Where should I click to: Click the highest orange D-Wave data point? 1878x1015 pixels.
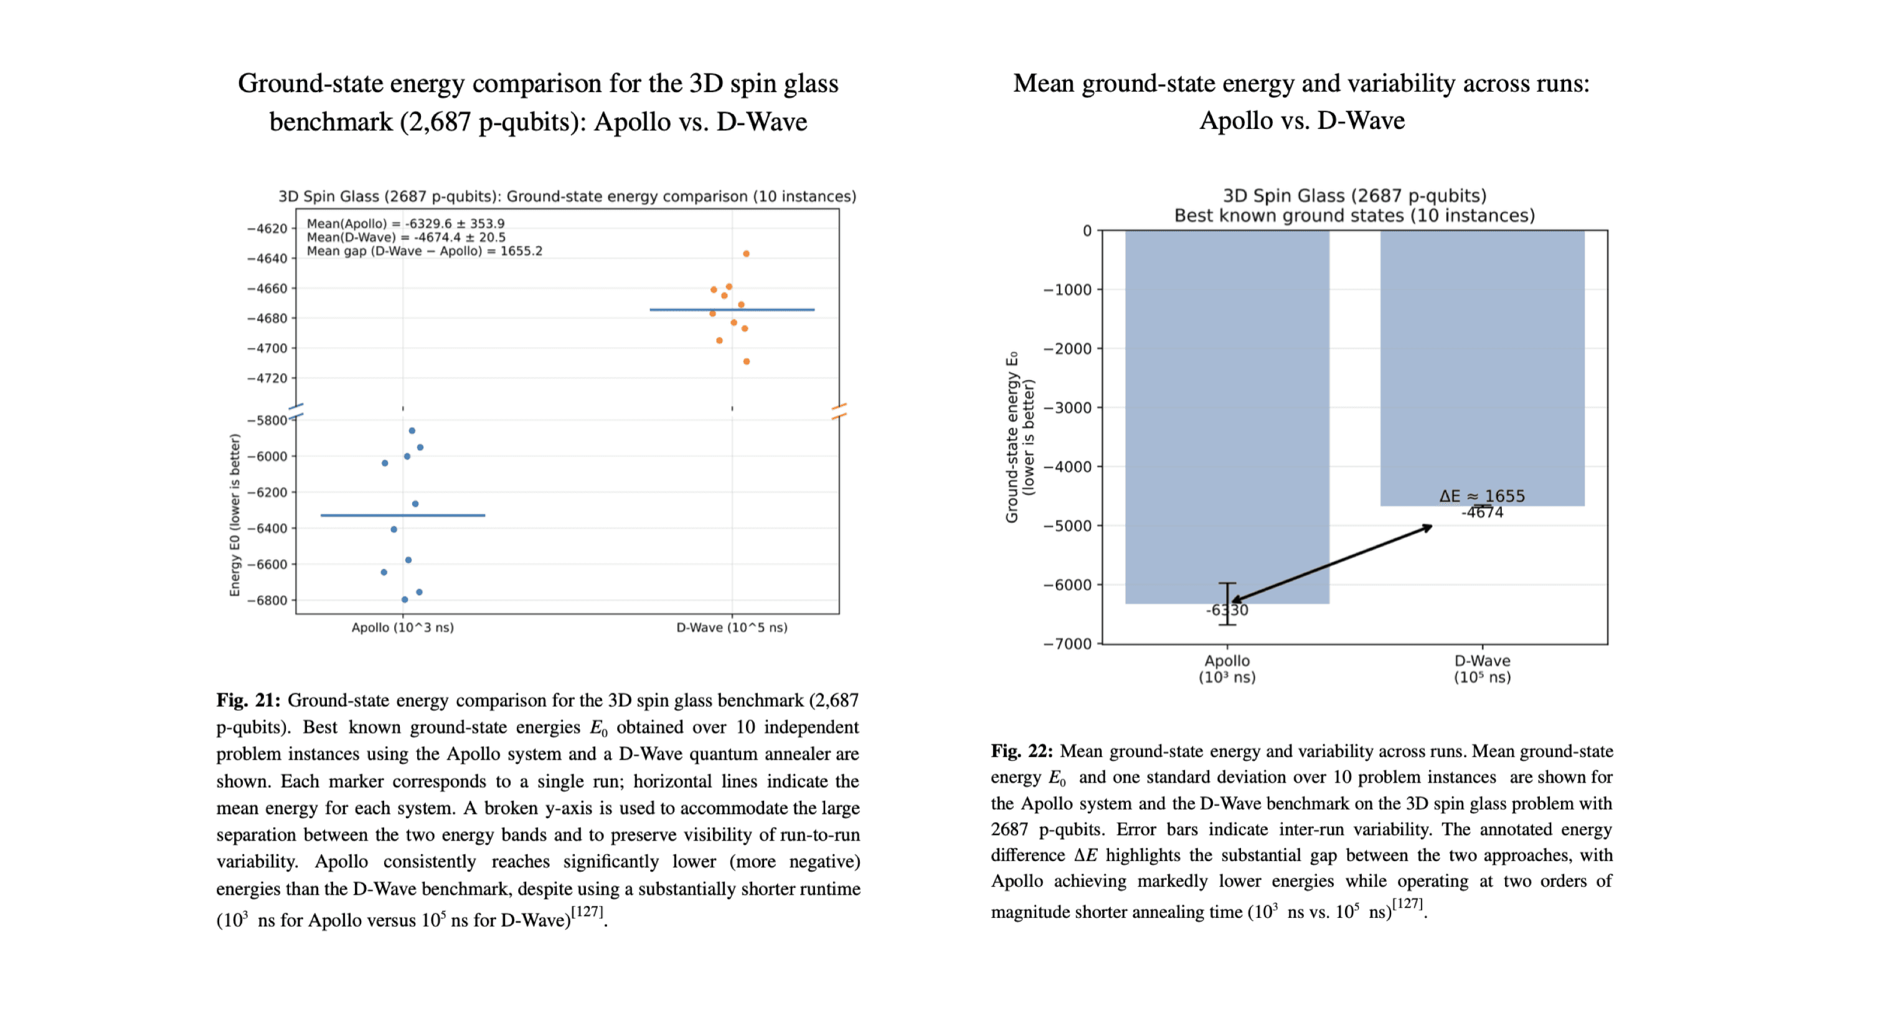click(746, 254)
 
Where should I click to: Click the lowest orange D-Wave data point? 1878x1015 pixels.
click(746, 362)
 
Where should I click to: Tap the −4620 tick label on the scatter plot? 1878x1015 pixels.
click(268, 229)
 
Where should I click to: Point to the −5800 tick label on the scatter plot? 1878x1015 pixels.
click(268, 421)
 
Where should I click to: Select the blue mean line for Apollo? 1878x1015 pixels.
click(402, 516)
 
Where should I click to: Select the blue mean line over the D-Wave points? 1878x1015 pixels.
click(732, 310)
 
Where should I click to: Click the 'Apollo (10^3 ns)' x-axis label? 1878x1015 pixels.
click(402, 628)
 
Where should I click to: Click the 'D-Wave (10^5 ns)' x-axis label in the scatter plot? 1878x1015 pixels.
click(732, 628)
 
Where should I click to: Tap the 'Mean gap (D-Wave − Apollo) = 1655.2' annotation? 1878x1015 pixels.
click(424, 252)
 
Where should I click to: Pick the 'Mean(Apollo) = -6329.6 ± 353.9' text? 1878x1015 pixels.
click(405, 224)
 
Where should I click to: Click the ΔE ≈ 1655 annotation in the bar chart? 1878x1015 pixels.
click(1482, 496)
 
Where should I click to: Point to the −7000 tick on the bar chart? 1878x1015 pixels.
click(1069, 644)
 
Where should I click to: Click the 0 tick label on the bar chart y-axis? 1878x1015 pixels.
click(1087, 231)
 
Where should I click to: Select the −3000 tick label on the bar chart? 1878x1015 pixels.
click(1069, 408)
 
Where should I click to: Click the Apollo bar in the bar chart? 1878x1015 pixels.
click(1227, 415)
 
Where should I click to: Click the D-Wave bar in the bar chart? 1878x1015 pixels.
click(1482, 364)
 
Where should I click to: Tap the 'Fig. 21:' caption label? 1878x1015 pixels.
click(248, 701)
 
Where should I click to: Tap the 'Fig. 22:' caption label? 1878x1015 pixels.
click(1022, 752)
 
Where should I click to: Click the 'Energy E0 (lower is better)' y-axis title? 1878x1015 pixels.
click(235, 515)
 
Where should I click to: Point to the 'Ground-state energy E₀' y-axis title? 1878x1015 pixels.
click(1012, 438)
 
